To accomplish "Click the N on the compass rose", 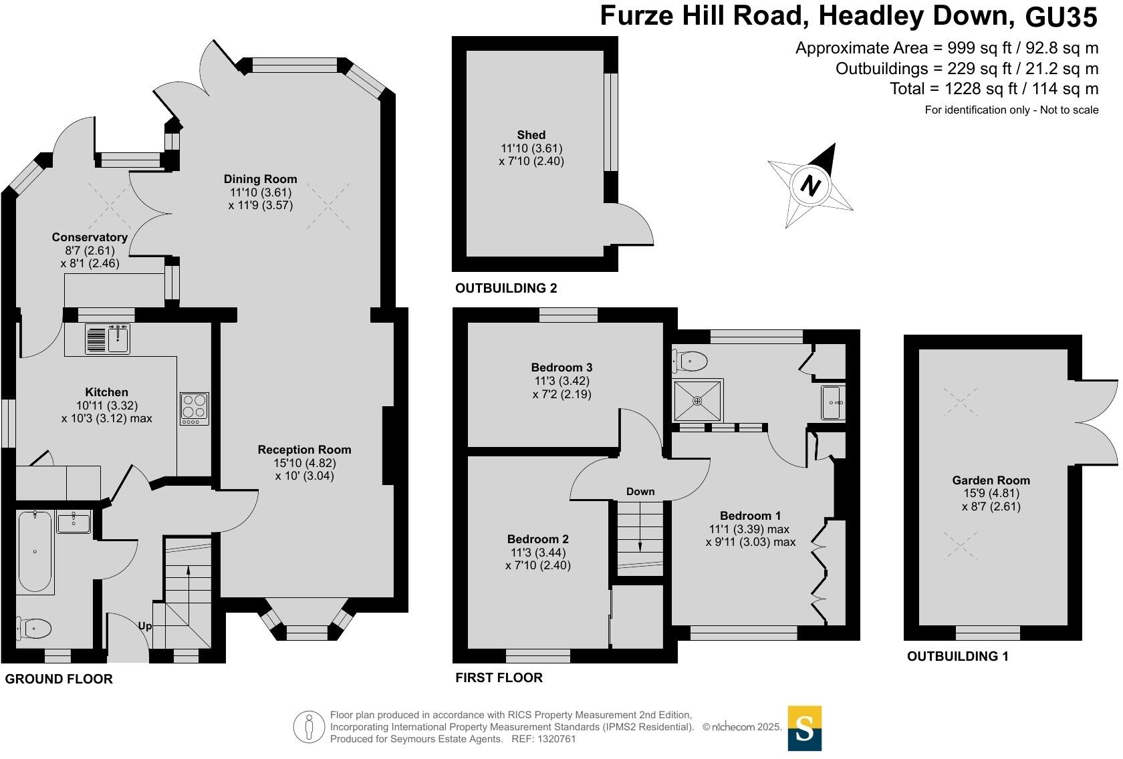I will point(810,185).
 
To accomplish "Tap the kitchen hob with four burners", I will point(194,408).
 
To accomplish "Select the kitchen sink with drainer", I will point(108,339).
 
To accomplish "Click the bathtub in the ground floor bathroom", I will point(35,552).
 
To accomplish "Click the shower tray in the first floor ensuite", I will point(697,401).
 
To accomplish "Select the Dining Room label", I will point(260,179).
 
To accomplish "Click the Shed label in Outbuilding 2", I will point(531,135).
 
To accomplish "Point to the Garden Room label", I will point(991,480).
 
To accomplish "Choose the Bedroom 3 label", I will point(561,367).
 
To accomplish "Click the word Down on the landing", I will point(640,492).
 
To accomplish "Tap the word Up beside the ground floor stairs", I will point(145,626).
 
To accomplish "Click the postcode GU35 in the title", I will point(1061,17).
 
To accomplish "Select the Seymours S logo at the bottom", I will point(804,728).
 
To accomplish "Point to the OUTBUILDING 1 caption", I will point(957,656).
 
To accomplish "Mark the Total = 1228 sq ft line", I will point(993,89).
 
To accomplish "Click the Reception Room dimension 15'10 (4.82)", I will point(304,463).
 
